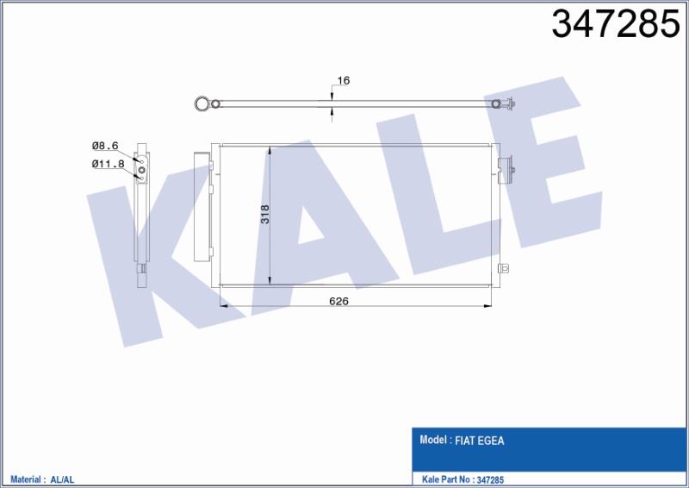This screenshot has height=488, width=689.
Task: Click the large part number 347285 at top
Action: pyautogui.click(x=615, y=25)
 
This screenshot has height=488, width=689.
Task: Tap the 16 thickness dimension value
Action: pyautogui.click(x=343, y=80)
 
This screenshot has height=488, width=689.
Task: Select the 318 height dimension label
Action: pyautogui.click(x=264, y=215)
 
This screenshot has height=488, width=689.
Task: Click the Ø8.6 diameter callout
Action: pyautogui.click(x=104, y=147)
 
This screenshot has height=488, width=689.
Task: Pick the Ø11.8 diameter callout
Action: pyautogui.click(x=107, y=163)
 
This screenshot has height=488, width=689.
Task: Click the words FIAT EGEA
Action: pyautogui.click(x=481, y=441)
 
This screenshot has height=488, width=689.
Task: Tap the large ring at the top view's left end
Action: pyautogui.click(x=202, y=104)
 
